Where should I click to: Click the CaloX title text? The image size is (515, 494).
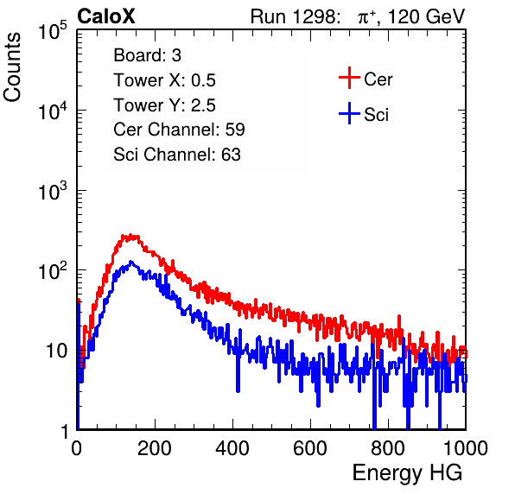click(106, 16)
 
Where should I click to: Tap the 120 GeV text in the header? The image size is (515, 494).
click(427, 16)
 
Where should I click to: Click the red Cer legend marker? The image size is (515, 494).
click(349, 78)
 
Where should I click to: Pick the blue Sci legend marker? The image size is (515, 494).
click(349, 114)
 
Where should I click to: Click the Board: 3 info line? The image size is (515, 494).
click(147, 55)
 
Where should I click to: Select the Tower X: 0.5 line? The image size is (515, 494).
click(164, 80)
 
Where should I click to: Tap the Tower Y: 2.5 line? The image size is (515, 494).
click(164, 105)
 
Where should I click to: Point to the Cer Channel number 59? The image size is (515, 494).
click(235, 130)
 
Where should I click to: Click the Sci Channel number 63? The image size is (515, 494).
click(231, 155)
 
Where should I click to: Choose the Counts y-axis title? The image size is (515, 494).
click(12, 67)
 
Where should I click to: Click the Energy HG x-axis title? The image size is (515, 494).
click(407, 472)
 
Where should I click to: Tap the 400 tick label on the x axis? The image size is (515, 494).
click(232, 448)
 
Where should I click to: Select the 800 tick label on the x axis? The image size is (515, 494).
click(388, 448)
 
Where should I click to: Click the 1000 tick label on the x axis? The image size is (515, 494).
click(466, 448)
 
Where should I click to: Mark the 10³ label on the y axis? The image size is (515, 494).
click(53, 190)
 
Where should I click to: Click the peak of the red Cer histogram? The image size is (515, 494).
click(130, 235)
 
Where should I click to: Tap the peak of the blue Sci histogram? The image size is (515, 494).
click(131, 262)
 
